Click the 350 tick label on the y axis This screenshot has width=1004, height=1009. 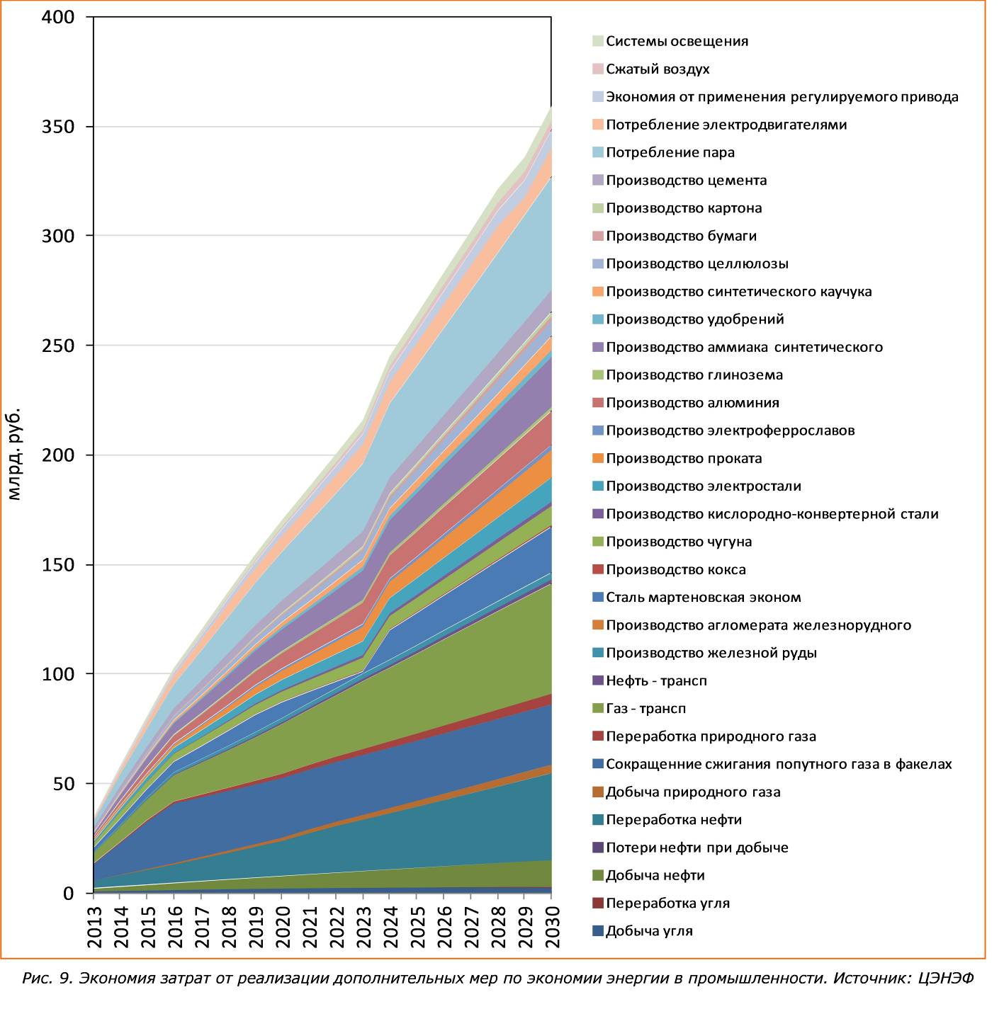tap(58, 127)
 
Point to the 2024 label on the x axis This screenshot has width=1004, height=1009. tap(390, 926)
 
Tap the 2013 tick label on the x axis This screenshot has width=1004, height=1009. tap(94, 926)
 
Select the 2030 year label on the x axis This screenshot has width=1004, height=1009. tap(552, 926)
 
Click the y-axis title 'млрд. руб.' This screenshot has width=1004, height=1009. tap(14, 454)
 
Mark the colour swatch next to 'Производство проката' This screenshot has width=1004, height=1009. tap(598, 458)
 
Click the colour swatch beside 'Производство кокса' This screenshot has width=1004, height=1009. tap(598, 569)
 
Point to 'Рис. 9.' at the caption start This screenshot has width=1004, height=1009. tap(47, 979)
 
